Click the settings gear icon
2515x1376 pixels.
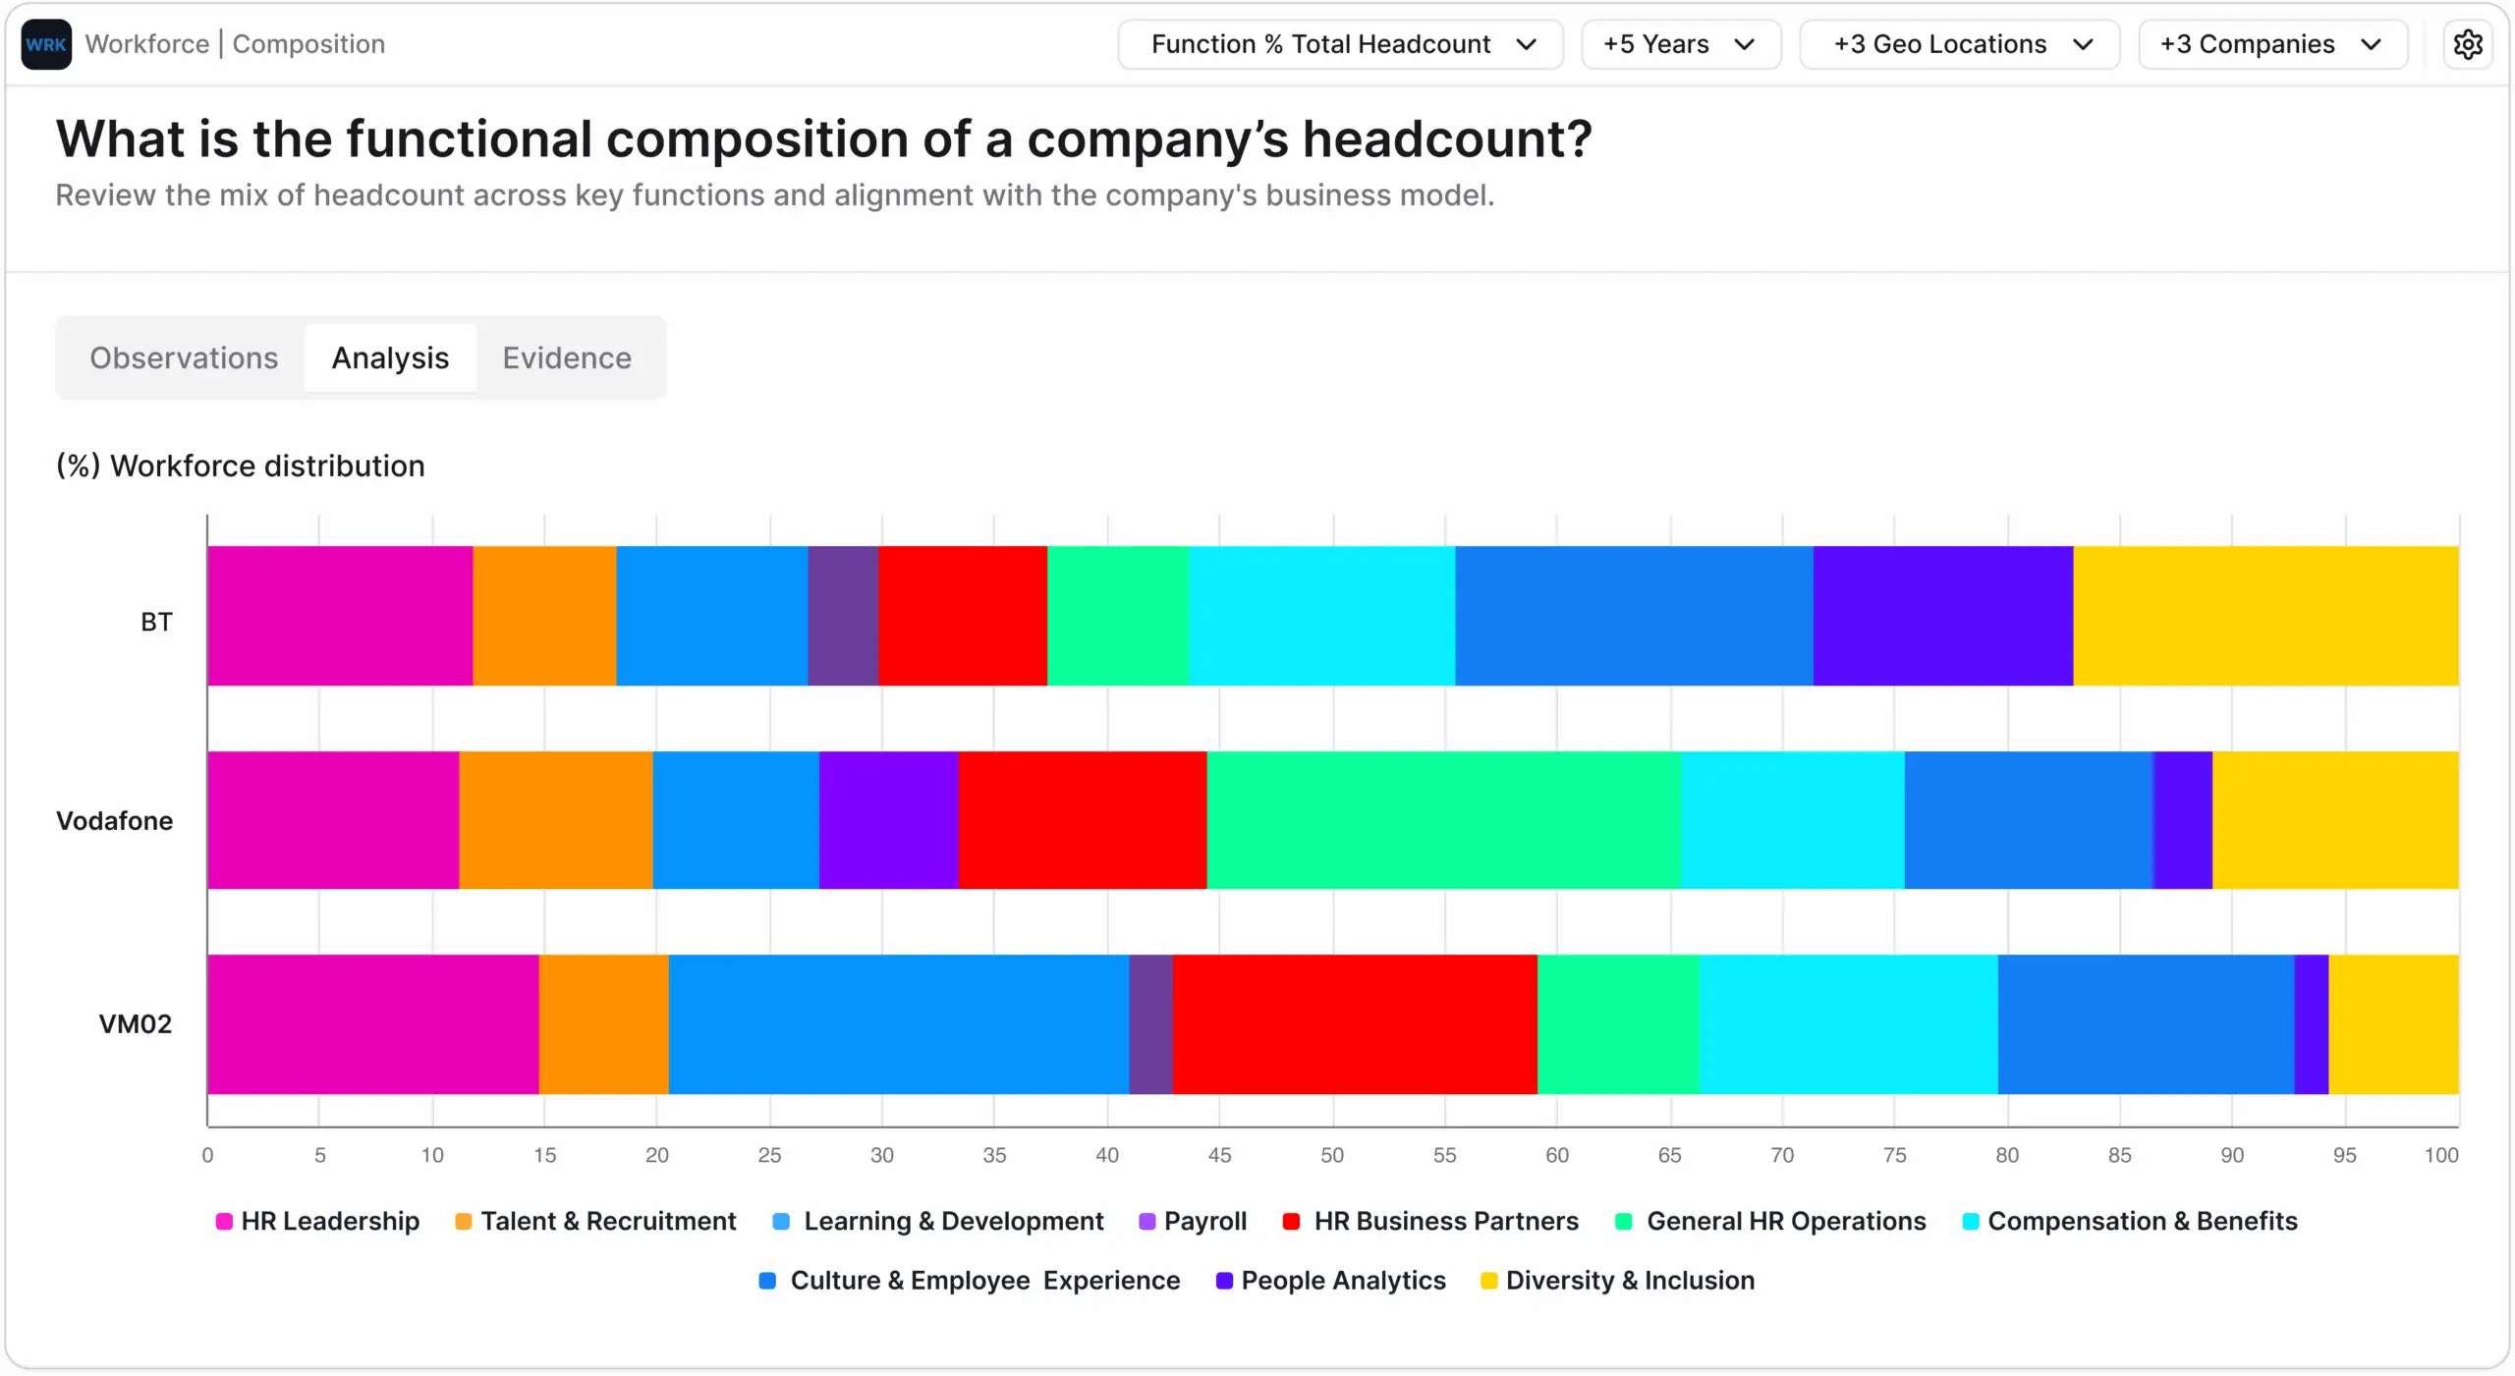point(2467,44)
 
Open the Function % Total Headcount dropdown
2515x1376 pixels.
point(1340,44)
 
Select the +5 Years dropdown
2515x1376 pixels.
point(1680,44)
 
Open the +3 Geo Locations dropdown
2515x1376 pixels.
point(1959,44)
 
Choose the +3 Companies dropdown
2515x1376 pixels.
point(2271,44)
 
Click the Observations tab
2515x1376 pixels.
point(184,358)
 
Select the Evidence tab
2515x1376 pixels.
point(567,358)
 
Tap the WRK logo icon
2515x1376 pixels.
point(46,44)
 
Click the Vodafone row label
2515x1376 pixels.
point(114,821)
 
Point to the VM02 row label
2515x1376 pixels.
point(136,1024)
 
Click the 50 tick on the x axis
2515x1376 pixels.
point(1332,1156)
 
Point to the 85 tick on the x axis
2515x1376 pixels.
point(2120,1156)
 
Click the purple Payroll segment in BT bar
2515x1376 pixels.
point(843,616)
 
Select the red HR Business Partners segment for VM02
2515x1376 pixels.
point(1354,1024)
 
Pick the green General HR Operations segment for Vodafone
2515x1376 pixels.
point(1443,821)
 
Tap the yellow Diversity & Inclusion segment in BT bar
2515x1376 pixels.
point(2265,616)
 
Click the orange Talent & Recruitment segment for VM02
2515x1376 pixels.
point(603,1024)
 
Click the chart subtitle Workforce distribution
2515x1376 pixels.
point(241,466)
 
